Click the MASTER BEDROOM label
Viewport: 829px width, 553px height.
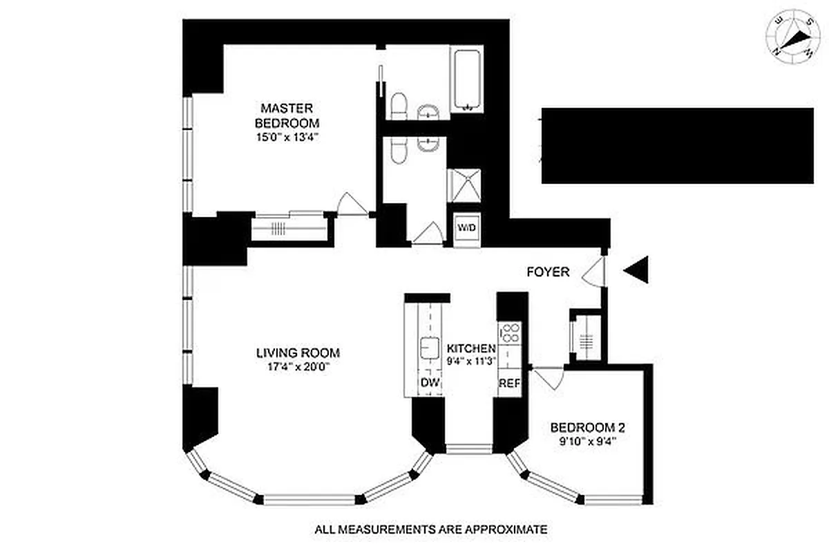tap(287, 115)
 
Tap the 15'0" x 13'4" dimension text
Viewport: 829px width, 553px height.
tap(287, 138)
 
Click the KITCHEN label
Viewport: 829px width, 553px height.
tap(471, 348)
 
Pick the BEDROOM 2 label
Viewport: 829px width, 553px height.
tap(583, 427)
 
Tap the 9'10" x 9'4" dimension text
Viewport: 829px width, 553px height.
tap(583, 440)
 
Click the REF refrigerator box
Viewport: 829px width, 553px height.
tap(509, 383)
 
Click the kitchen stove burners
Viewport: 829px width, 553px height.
tap(509, 332)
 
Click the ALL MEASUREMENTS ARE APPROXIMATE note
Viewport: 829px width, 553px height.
tap(431, 530)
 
